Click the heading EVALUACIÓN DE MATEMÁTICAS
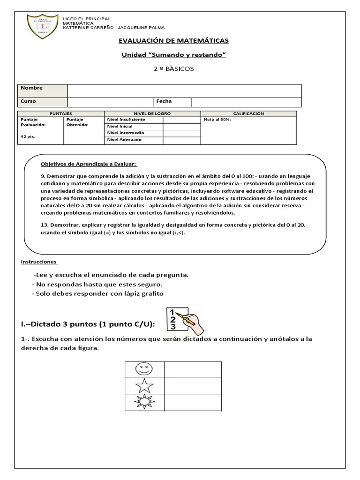173,41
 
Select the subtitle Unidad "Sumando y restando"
173,55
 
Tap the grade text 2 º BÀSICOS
173,69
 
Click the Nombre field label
31,88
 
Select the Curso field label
28,101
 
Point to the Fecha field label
164,101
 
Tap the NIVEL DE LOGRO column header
152,114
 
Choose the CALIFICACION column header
248,114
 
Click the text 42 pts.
28,136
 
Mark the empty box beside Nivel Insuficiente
181,120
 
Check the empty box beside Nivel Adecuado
181,140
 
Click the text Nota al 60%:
217,120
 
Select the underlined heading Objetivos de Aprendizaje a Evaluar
89,164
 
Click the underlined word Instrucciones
39,262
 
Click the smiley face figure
144,368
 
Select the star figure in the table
144,385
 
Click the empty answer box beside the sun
193,402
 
